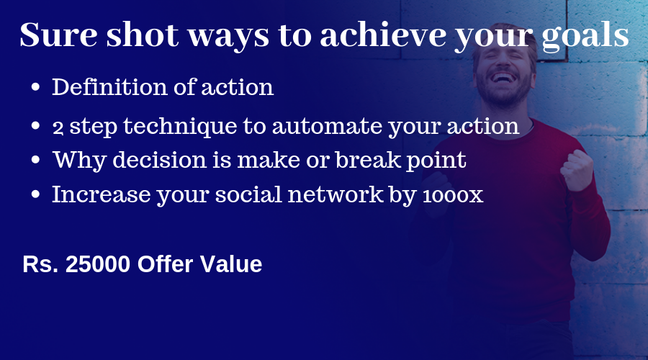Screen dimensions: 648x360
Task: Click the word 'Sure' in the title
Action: [x=59, y=35]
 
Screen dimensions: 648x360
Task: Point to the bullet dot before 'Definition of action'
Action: [x=35, y=87]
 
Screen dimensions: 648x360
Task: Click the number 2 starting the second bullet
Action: [x=58, y=127]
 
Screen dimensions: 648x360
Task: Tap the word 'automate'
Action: [x=326, y=127]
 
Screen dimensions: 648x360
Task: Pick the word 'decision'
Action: [x=160, y=160]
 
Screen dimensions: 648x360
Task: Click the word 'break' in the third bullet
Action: [x=368, y=160]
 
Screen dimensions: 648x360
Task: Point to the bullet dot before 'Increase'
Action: [x=35, y=194]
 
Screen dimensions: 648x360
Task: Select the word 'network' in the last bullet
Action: [x=335, y=194]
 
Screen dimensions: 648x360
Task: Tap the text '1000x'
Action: [x=453, y=196]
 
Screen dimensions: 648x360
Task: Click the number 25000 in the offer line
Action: [x=98, y=264]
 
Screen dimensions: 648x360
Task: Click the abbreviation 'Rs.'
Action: [x=40, y=264]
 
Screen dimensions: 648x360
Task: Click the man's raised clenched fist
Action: [x=577, y=171]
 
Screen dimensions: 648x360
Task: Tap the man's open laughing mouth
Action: [x=503, y=78]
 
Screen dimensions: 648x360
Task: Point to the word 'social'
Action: [x=248, y=194]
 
